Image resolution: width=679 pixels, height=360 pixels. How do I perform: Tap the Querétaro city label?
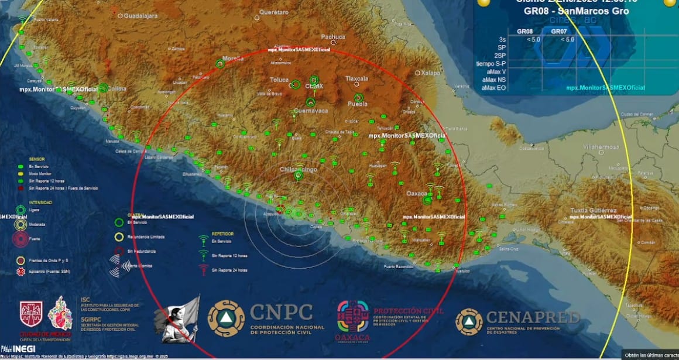[274, 12]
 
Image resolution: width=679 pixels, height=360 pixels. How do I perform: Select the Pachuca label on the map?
[333, 36]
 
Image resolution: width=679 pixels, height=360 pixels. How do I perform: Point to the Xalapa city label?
[430, 73]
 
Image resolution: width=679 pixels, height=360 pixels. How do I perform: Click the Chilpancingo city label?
[298, 169]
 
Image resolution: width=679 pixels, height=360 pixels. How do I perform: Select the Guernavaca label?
[310, 110]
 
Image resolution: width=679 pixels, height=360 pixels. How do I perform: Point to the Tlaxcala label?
[356, 78]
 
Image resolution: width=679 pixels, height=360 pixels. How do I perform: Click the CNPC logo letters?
[281, 312]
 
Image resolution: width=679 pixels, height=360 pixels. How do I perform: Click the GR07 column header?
[559, 31]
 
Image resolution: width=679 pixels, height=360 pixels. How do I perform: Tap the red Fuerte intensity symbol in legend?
[20, 239]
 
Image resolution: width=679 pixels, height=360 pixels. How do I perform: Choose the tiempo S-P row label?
[491, 63]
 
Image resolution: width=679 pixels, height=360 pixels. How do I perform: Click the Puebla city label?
[358, 104]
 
